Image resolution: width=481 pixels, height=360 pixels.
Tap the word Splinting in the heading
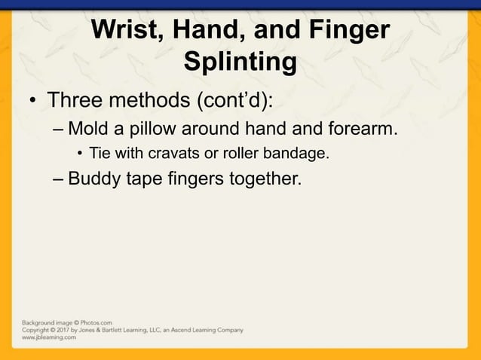click(x=240, y=63)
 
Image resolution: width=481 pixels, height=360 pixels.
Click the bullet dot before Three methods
click(x=33, y=101)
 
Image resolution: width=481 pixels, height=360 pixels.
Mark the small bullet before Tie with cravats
click(x=80, y=155)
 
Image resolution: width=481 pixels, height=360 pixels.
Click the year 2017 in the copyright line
click(x=66, y=330)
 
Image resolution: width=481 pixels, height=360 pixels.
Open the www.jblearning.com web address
click(x=49, y=337)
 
